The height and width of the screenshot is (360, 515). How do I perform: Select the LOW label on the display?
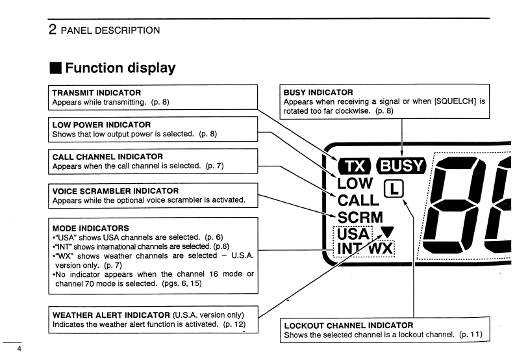[x=356, y=185]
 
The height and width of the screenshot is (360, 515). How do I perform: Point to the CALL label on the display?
[x=358, y=201]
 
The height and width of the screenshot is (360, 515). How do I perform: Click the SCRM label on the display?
[x=360, y=217]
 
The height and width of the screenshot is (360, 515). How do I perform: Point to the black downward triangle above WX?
[x=388, y=231]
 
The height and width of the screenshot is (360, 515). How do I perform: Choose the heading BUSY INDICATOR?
[x=318, y=93]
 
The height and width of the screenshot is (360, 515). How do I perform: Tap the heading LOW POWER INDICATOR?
[x=101, y=125]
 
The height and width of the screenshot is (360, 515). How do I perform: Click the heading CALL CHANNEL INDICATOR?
[x=107, y=157]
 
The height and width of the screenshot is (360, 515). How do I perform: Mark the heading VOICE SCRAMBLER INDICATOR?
[x=115, y=191]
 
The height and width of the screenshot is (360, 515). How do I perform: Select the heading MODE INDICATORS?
[x=90, y=229]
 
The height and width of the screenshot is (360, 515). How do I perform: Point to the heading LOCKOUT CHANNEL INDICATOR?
[x=348, y=325]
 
